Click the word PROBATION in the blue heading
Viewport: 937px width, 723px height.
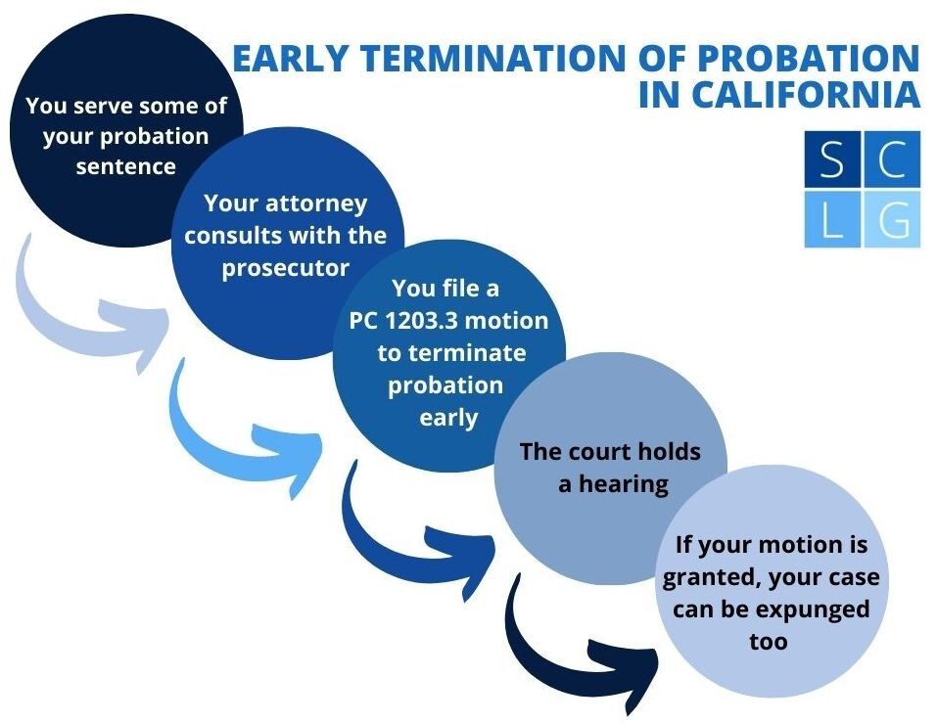click(x=809, y=58)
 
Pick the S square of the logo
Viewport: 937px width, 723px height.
click(x=832, y=158)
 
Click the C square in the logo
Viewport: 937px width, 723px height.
click(x=892, y=158)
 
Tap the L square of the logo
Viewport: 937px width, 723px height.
click(x=832, y=219)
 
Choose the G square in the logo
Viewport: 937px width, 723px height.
click(x=892, y=219)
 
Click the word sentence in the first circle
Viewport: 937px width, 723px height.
click(x=126, y=166)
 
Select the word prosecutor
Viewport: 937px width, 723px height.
click(x=286, y=269)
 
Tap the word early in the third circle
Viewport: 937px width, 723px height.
click(x=448, y=418)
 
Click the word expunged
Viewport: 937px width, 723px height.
click(x=805, y=610)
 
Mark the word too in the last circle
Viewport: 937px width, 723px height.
click(x=769, y=643)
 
